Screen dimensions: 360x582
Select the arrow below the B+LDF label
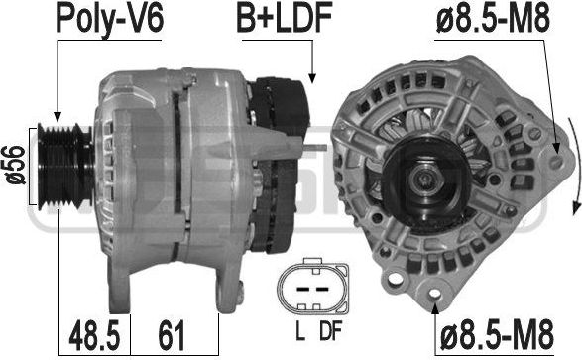pos(312,64)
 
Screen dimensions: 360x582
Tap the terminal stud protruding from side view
pos(316,149)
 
